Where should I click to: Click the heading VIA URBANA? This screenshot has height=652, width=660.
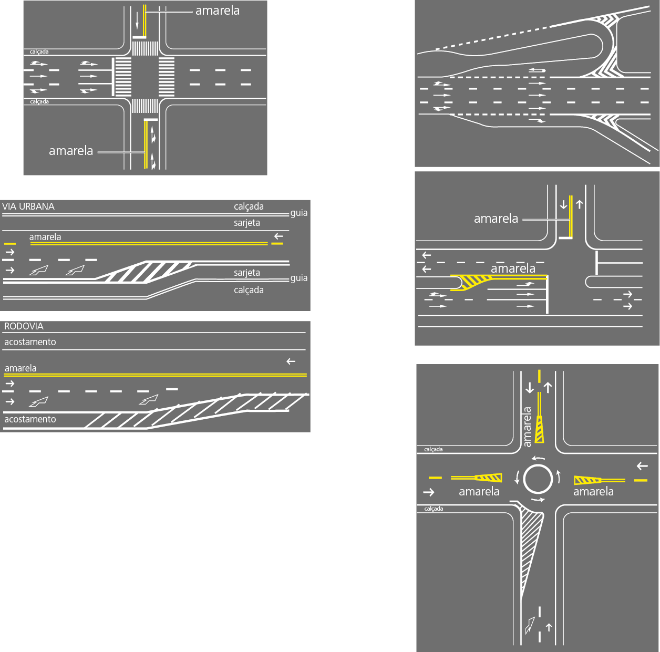28,206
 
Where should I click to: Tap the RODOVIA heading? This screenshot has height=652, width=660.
24,326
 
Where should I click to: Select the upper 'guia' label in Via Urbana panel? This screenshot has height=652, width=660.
299,213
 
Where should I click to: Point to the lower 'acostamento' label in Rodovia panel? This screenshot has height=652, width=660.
30,419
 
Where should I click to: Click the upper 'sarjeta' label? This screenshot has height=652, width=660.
247,223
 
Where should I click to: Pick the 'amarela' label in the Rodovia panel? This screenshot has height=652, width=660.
20,368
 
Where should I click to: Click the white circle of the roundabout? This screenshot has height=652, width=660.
538,479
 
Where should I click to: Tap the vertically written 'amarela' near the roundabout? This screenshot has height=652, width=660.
528,427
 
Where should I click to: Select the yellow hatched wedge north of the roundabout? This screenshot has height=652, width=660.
539,432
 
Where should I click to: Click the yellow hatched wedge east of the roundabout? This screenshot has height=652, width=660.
587,480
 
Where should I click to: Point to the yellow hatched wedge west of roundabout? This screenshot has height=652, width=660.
489,478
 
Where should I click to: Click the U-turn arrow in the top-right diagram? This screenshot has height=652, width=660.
537,70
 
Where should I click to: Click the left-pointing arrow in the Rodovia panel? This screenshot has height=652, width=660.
291,361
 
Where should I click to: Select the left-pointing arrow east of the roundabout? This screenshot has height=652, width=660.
642,466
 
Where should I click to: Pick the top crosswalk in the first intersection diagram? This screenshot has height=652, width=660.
145,48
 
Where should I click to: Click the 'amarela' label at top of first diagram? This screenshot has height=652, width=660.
218,11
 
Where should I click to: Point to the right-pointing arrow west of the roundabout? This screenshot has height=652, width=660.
429,492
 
